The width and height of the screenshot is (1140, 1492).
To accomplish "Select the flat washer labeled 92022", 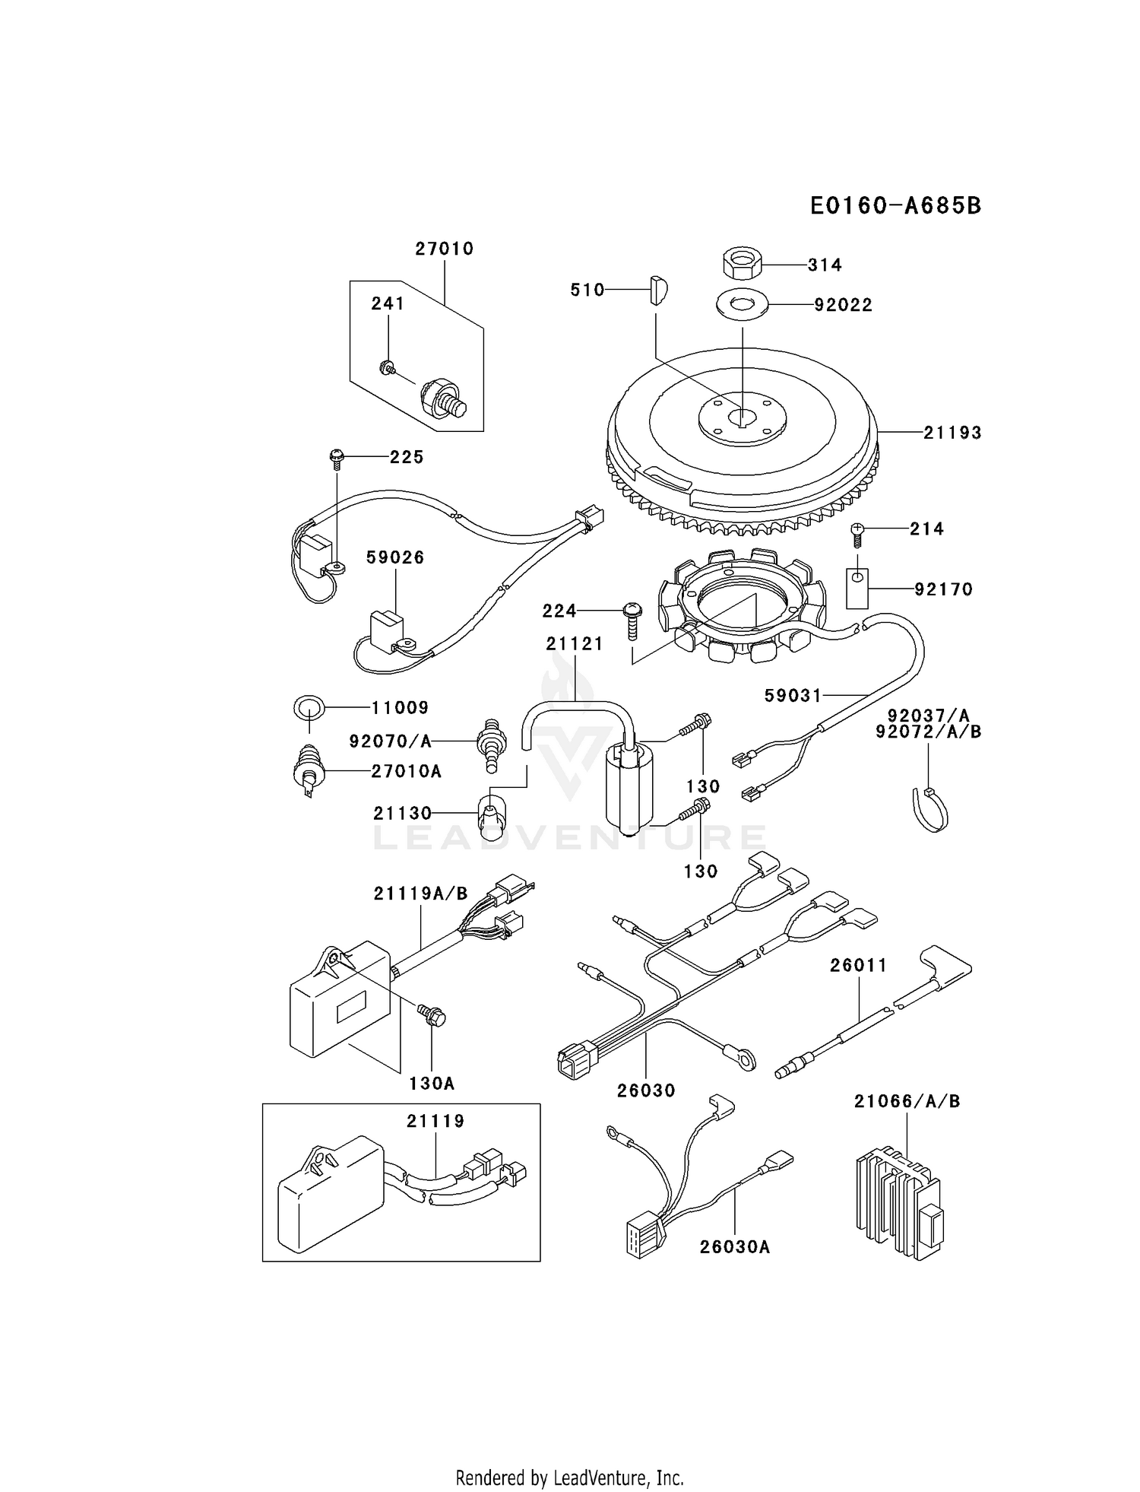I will pos(742,304).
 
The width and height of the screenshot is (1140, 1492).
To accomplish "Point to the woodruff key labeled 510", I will pos(658,290).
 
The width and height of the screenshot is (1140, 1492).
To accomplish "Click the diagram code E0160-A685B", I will pos(895,205).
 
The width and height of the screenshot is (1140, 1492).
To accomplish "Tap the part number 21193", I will pos(952,433).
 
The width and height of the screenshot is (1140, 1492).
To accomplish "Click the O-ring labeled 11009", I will pos(309,708).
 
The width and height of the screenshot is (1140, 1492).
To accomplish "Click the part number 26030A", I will pos(735,1247).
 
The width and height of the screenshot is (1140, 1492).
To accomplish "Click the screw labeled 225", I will pos(337,458).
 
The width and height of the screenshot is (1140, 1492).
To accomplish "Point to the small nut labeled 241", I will pos(387,369).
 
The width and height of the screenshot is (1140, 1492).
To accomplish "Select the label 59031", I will pos(793,695).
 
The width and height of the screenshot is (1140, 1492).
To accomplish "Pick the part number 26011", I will pos(858,966).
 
